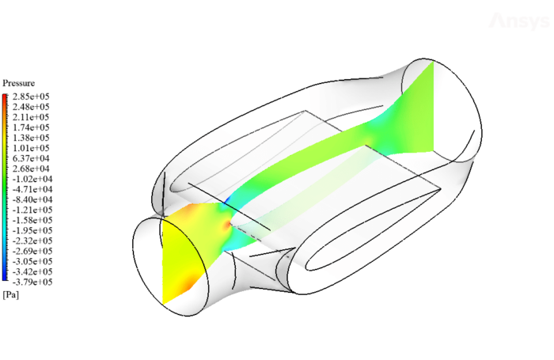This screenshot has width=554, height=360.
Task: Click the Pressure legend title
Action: click(x=19, y=83)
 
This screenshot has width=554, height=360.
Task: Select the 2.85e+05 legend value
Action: click(x=31, y=97)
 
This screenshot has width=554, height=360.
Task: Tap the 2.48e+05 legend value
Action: click(x=31, y=107)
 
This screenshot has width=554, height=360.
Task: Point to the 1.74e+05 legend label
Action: click(x=31, y=127)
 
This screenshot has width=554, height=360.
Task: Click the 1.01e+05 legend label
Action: click(x=31, y=148)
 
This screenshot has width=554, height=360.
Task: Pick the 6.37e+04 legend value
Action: click(x=31, y=158)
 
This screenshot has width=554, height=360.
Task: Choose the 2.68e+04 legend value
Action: click(x=31, y=169)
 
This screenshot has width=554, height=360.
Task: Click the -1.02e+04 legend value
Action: click(x=31, y=179)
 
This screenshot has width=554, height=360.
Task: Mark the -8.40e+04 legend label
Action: click(x=31, y=199)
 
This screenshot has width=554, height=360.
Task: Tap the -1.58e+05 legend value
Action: click(x=31, y=220)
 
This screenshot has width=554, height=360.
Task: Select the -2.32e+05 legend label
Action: click(x=31, y=241)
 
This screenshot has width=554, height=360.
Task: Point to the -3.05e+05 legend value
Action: click(x=31, y=261)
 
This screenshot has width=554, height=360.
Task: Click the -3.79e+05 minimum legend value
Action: click(x=31, y=282)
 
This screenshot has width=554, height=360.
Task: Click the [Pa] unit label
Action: click(x=11, y=294)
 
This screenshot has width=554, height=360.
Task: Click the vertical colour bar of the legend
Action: click(x=6, y=188)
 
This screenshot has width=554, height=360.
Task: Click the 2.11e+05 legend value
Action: click(x=31, y=117)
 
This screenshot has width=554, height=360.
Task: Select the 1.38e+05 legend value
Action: click(x=31, y=138)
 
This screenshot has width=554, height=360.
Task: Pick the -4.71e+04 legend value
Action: click(x=31, y=189)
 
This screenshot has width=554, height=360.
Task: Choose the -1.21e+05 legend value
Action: click(x=31, y=210)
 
